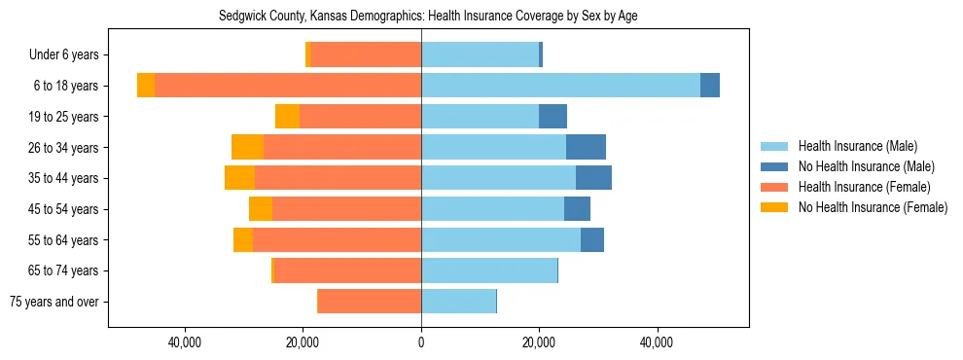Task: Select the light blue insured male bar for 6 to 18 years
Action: (560, 86)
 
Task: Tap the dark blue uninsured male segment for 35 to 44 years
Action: (593, 178)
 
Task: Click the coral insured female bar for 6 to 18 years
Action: (288, 86)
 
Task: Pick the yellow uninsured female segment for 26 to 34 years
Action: (247, 147)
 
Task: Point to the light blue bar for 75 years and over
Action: (458, 302)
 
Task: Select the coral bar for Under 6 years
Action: (366, 54)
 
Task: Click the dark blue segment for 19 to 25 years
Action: (553, 117)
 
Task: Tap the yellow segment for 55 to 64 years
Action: (243, 239)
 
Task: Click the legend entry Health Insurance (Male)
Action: (857, 146)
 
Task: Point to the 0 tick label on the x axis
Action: (421, 342)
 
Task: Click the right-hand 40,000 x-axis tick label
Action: (658, 342)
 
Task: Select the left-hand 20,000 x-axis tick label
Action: (303, 342)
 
